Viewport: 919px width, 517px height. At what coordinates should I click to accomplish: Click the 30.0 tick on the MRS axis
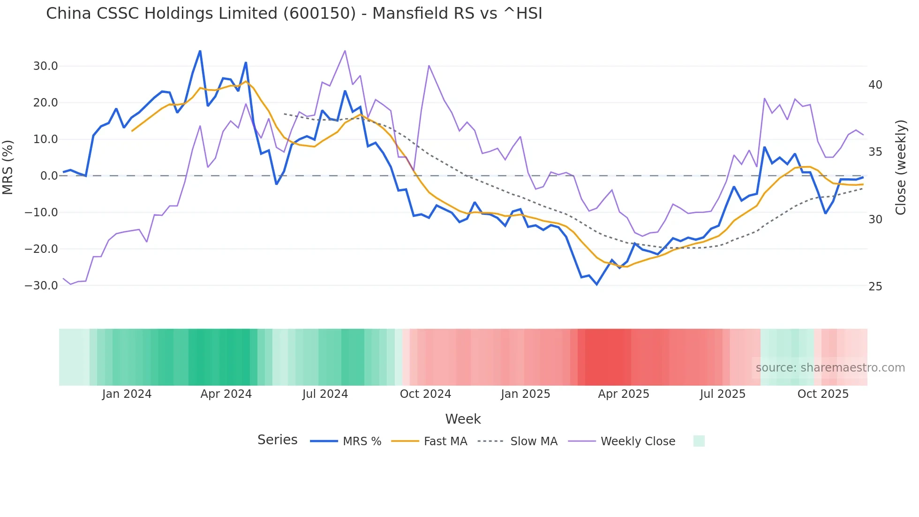click(45, 66)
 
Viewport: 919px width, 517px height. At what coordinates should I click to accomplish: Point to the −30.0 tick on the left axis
click(41, 286)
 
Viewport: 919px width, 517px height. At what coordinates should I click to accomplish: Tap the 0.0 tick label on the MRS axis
click(49, 176)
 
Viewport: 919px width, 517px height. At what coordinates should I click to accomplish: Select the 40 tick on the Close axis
click(875, 85)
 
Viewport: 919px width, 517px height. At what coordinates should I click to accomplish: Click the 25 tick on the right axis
click(875, 287)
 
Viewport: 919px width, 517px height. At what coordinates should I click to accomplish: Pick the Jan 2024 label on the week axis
click(127, 394)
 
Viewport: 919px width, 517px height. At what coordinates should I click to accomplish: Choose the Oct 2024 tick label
click(425, 394)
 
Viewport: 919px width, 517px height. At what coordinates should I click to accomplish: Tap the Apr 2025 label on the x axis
click(623, 394)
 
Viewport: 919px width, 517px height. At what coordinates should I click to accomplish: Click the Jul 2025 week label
click(723, 394)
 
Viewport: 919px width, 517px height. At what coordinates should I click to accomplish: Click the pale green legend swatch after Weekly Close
click(699, 441)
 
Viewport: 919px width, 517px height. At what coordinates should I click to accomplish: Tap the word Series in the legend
click(277, 440)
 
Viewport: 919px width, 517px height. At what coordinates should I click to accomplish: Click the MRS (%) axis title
click(8, 167)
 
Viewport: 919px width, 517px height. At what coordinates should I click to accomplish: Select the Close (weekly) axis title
click(901, 167)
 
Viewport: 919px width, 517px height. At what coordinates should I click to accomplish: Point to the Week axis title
click(463, 419)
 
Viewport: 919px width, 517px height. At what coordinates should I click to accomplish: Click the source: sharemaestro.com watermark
click(830, 368)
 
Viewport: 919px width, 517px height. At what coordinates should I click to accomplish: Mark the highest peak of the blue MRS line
click(200, 51)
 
